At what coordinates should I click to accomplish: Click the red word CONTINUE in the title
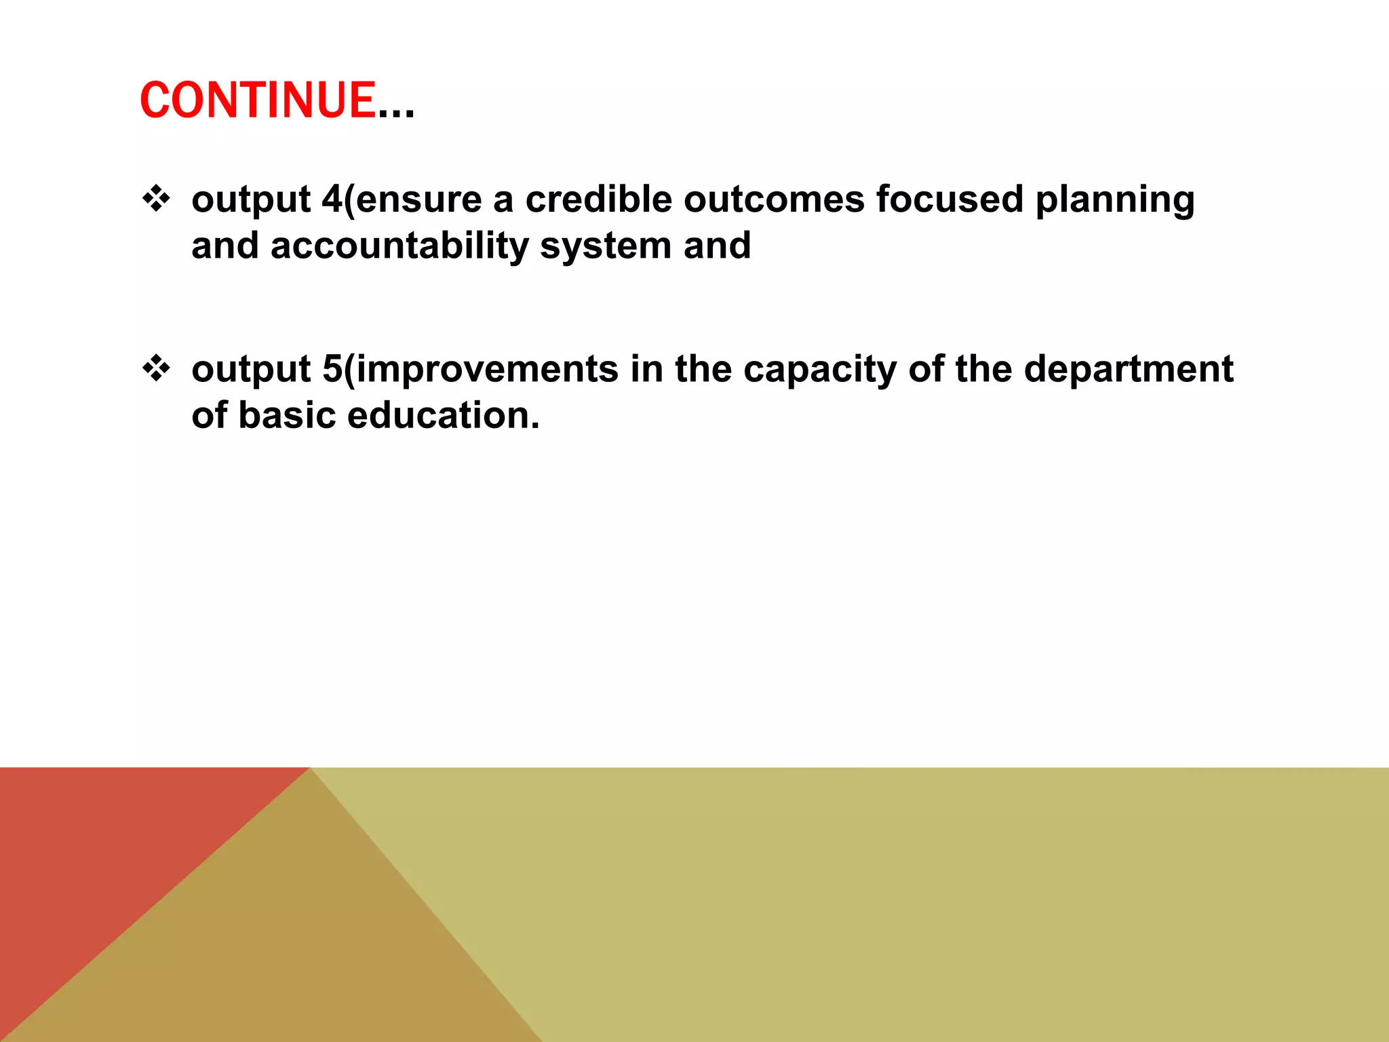pos(258,100)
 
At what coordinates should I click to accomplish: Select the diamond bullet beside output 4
pos(157,199)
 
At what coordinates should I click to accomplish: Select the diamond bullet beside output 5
pos(157,369)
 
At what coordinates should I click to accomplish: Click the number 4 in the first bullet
pos(332,199)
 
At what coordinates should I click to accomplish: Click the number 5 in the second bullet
pos(332,369)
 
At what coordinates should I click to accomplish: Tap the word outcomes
pos(774,201)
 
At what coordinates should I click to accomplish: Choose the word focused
pos(950,199)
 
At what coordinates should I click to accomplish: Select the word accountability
pos(399,246)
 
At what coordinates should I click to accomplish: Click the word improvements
pos(487,370)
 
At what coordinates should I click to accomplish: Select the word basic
pos(287,415)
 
